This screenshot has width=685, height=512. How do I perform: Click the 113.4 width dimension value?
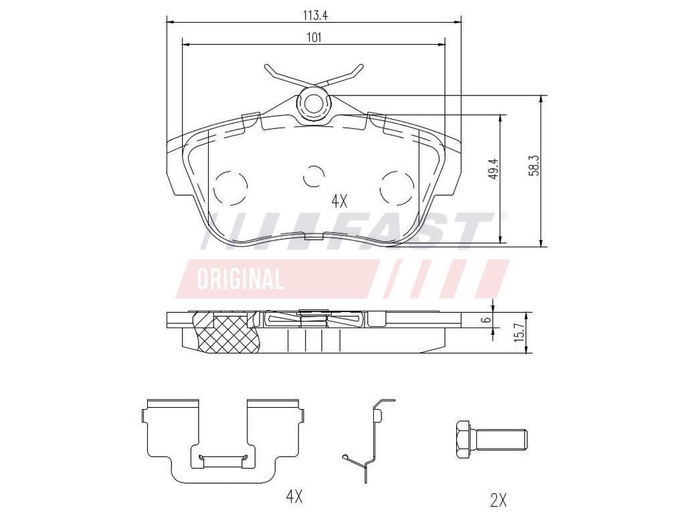click(316, 16)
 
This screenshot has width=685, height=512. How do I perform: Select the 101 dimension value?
click(314, 37)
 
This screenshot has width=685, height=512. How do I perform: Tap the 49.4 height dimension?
click(494, 169)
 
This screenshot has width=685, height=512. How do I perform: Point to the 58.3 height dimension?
click(533, 166)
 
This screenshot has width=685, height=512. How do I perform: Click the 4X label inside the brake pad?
click(339, 201)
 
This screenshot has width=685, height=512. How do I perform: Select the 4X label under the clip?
click(294, 496)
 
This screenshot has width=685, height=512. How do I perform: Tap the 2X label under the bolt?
click(498, 499)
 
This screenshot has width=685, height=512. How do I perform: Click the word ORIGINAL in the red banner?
click(240, 279)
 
